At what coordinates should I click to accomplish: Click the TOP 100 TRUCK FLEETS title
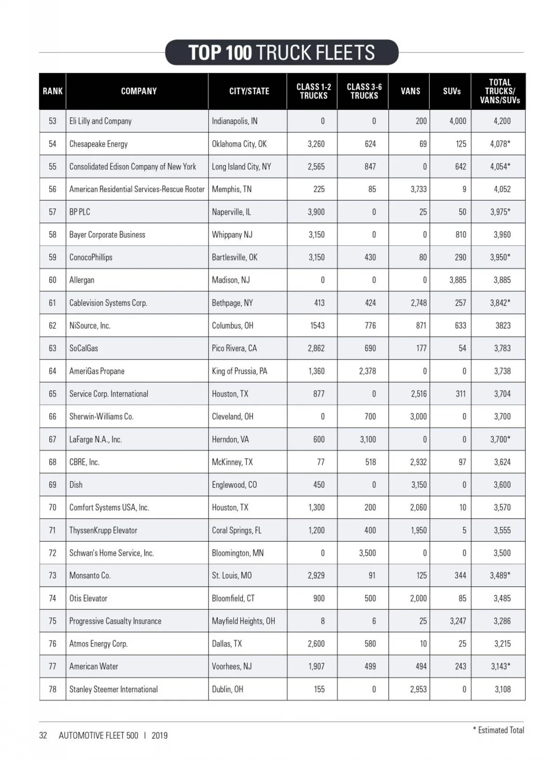pos(281,52)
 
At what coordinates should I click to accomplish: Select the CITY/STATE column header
pos(249,91)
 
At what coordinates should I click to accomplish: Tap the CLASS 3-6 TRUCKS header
pos(364,91)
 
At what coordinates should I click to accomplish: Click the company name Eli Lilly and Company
pos(100,121)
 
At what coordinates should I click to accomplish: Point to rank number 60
pos(52,280)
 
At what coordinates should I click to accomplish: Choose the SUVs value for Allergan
pos(458,280)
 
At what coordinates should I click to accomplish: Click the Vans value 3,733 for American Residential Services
pos(418,189)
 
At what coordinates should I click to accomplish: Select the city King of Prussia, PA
pos(239,371)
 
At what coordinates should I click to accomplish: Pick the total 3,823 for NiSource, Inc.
pos(503,325)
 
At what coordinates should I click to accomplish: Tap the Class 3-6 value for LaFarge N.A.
pos(368,439)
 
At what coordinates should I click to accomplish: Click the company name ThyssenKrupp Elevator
pos(103,530)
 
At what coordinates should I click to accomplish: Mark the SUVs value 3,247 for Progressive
pos(458,621)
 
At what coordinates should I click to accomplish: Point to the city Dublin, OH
pos(227,689)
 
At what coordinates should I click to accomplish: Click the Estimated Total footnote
pos(498,730)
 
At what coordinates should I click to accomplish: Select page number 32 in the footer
pos(43,735)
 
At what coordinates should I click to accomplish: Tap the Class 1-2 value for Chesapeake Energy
pos(316,144)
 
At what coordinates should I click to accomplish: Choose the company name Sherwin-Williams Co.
pos(101,416)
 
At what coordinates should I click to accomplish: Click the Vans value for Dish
pos(418,485)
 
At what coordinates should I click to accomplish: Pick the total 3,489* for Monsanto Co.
pos(500,575)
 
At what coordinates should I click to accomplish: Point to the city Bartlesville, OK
pos(234,257)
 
